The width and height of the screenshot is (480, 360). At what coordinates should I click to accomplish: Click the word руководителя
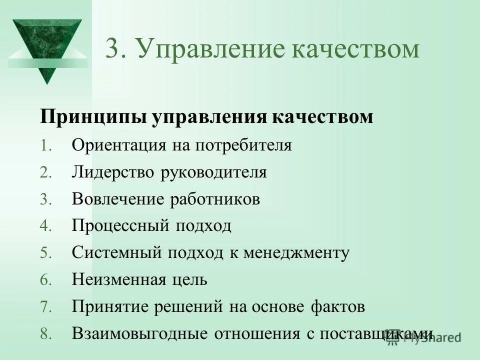pos(214,172)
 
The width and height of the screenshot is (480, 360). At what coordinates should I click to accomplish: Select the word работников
pos(215,199)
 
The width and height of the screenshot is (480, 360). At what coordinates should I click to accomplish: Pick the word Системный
pos(116,252)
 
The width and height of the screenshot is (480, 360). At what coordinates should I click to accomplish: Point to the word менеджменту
pos(296,252)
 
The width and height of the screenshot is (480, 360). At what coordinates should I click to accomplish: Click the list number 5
pos(45,253)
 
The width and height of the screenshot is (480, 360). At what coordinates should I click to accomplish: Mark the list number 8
pos(45,334)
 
